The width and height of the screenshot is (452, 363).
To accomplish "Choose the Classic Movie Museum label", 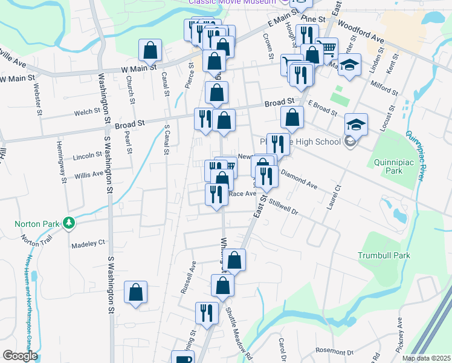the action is [x=232, y=2].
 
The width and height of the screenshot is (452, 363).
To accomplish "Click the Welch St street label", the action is [x=87, y=112].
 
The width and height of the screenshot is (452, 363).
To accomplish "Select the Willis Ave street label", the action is [x=89, y=174].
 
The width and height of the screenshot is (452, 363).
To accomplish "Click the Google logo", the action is [x=19, y=356].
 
